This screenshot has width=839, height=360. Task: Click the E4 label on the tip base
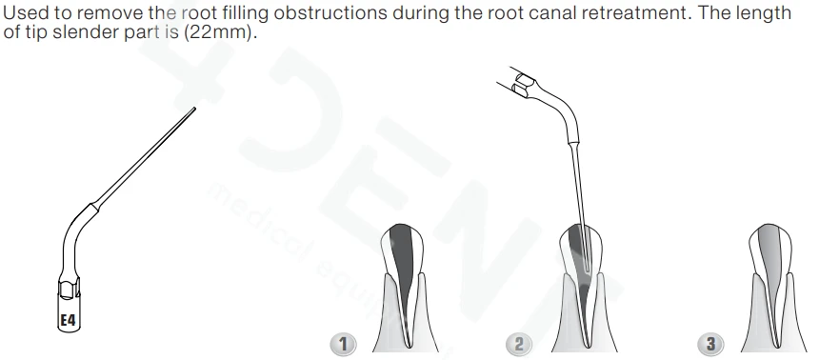68,320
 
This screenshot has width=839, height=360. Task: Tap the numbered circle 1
343,344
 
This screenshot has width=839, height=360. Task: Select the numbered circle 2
518,344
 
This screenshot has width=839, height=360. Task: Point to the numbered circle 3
710,344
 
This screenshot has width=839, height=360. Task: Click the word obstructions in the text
330,12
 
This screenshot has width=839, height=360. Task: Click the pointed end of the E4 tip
194,110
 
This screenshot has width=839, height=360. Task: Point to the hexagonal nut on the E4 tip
69,288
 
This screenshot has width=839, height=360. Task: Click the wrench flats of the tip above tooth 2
523,86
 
